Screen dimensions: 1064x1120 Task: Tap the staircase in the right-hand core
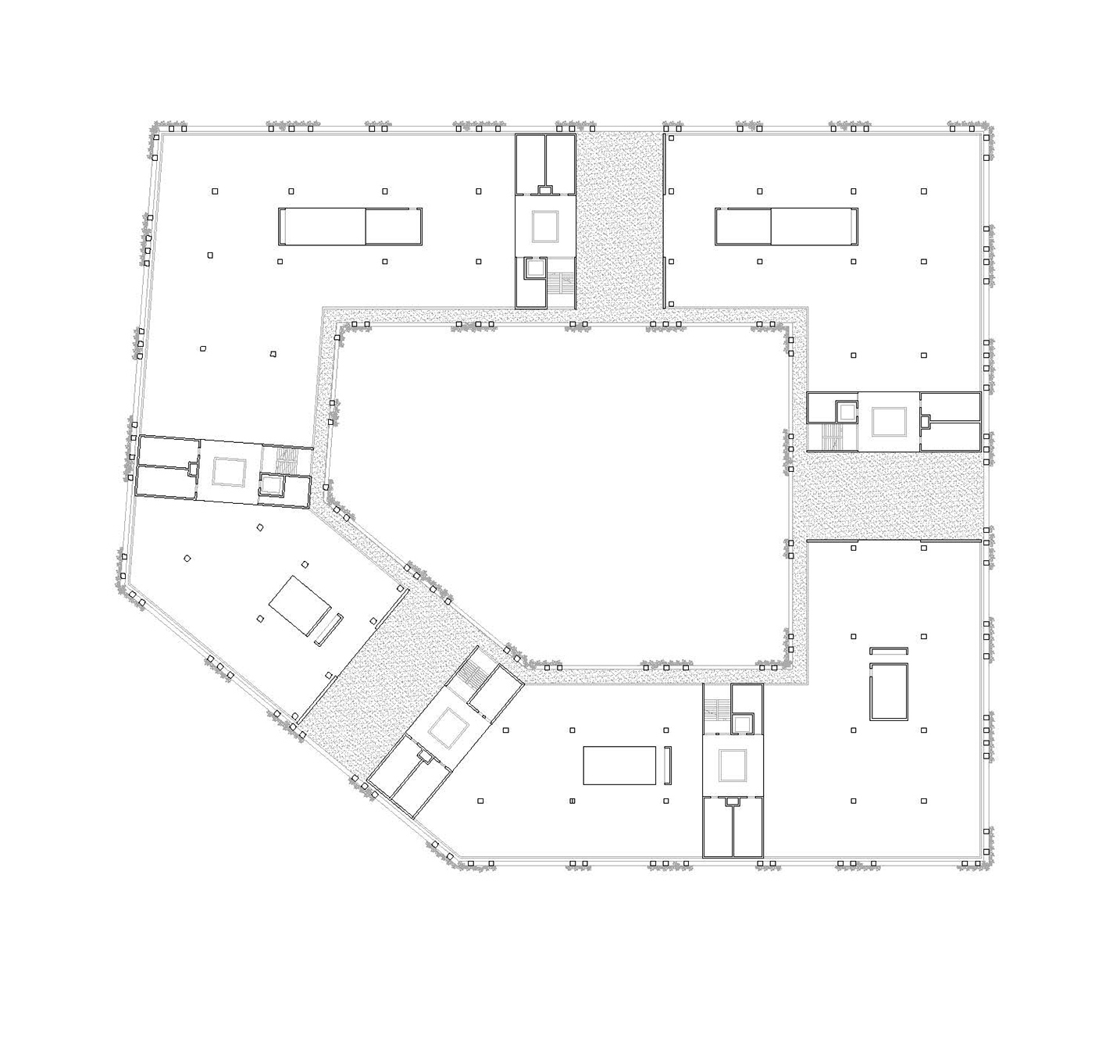[x=832, y=436]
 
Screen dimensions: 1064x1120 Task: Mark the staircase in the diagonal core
[x=474, y=671]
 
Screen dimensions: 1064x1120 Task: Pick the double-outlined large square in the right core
[x=888, y=421]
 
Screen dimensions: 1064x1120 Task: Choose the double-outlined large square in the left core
[x=230, y=472]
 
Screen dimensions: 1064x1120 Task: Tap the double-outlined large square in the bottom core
[x=733, y=765]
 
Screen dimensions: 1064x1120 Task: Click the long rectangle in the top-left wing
[x=351, y=227]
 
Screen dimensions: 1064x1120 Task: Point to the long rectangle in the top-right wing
[x=786, y=227]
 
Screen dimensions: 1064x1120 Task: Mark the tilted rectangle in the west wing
[x=301, y=606]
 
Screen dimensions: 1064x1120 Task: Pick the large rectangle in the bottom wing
[x=619, y=765]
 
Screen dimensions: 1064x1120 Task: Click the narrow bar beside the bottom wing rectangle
[x=668, y=766]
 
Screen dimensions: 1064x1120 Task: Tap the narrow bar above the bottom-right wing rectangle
[x=889, y=650]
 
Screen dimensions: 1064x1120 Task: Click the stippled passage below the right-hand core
[x=890, y=497]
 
